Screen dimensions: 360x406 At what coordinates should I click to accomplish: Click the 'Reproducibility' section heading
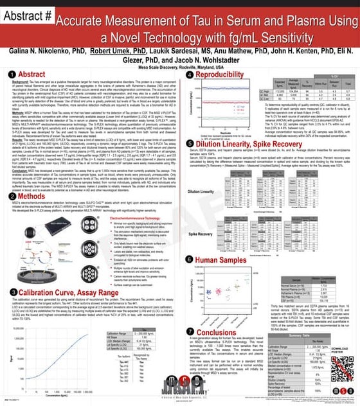click(x=224, y=75)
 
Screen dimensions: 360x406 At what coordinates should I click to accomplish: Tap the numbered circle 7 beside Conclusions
click(x=188, y=315)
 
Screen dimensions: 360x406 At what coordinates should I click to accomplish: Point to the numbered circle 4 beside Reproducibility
click(x=188, y=75)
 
